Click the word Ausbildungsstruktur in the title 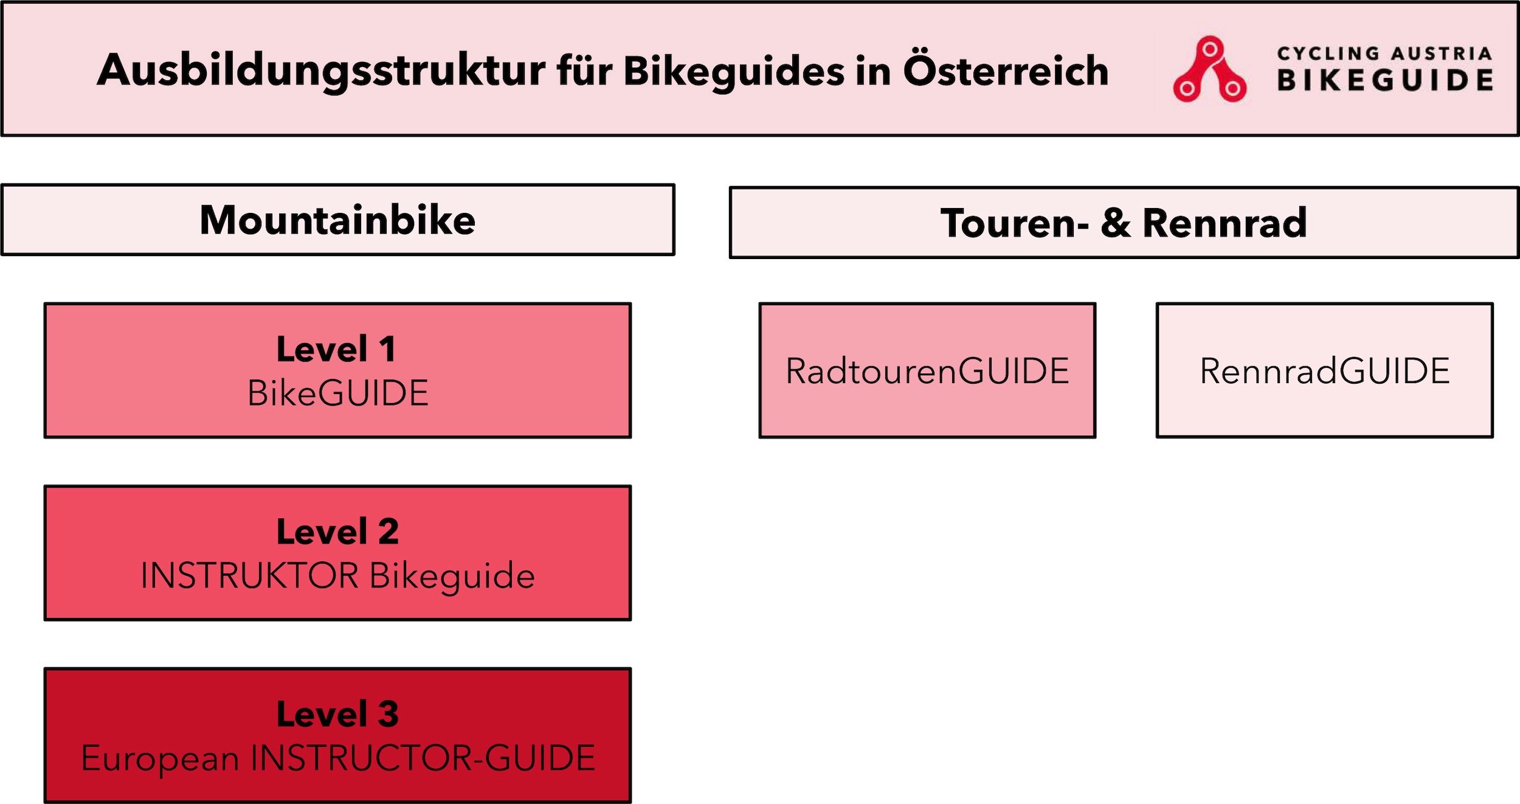tap(321, 72)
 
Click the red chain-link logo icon tap(1209, 69)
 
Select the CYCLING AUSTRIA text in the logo tap(1384, 54)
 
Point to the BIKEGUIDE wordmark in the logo tap(1385, 80)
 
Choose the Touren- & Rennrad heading tap(1124, 223)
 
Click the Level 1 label tap(336, 349)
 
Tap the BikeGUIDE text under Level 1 tap(338, 393)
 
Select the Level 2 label tap(337, 532)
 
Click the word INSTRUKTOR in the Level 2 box tap(250, 575)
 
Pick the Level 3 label tap(337, 714)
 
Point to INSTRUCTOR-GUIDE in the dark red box tap(423, 758)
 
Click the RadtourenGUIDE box tap(927, 370)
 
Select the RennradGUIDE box tap(1325, 370)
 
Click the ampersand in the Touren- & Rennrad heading tap(1116, 223)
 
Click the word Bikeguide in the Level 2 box tap(452, 577)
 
